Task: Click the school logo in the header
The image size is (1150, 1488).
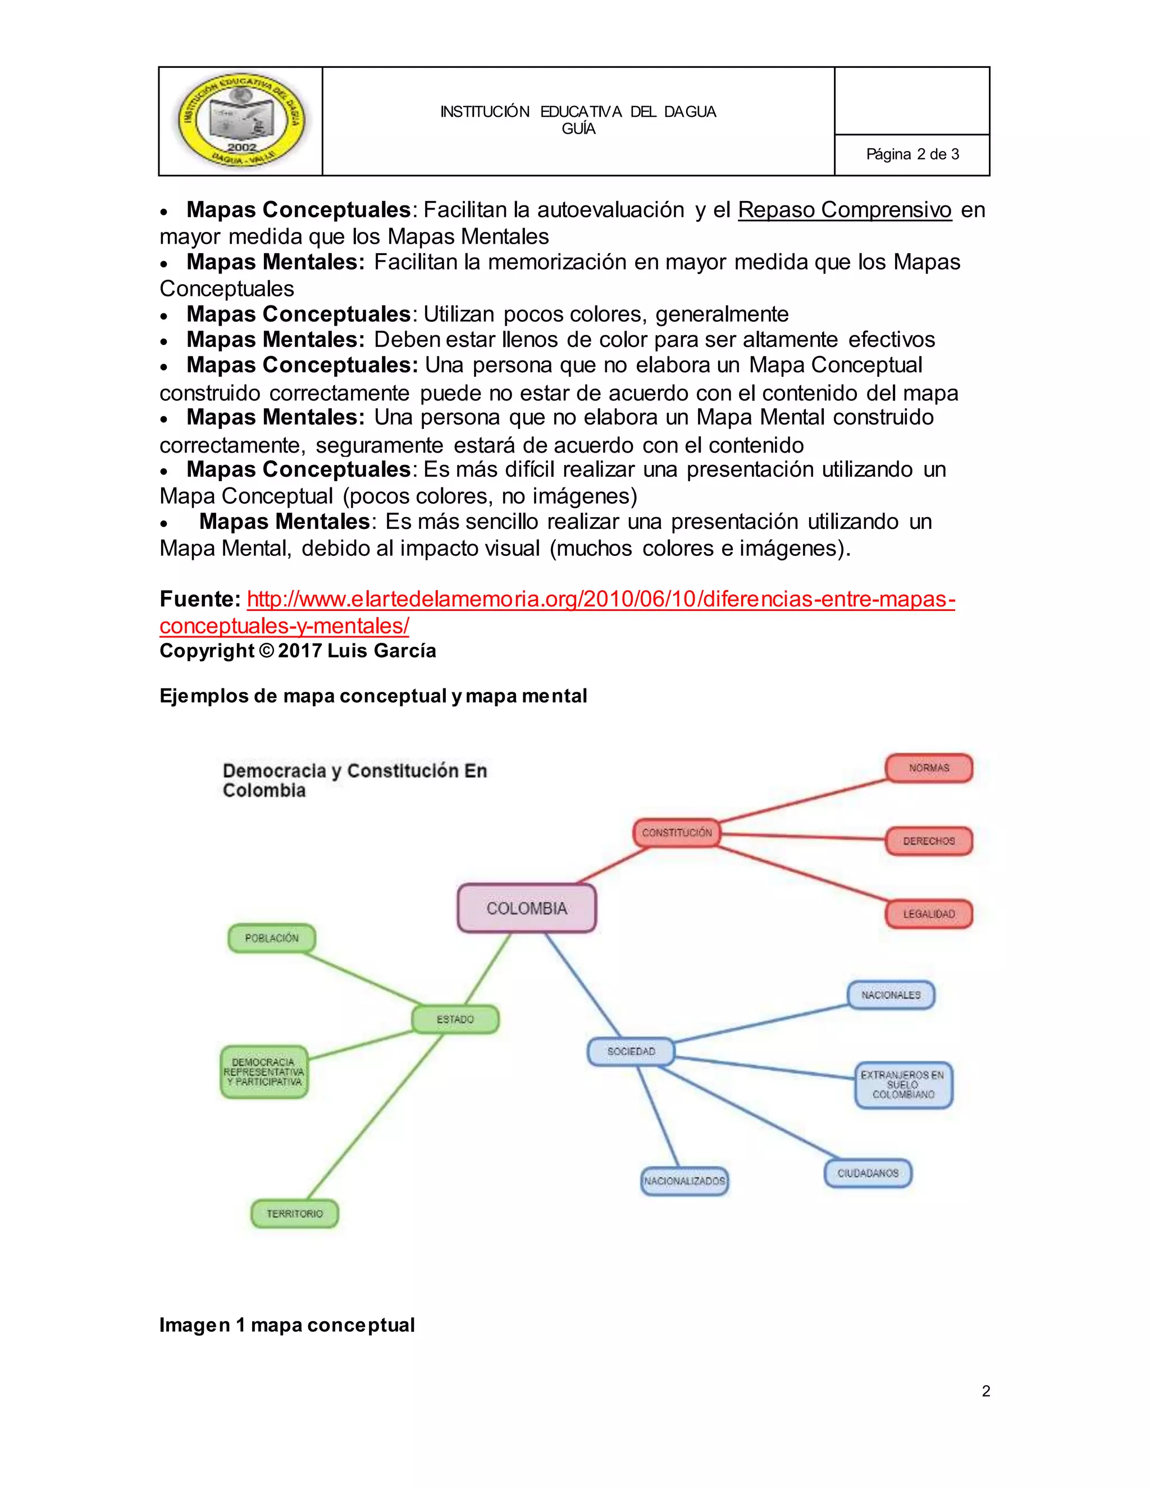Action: [241, 121]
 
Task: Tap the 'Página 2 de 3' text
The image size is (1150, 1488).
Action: [912, 154]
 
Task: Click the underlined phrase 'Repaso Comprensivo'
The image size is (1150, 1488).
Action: [844, 210]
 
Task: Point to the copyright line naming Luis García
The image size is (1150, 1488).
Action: [298, 651]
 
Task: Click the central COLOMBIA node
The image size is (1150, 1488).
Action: [527, 908]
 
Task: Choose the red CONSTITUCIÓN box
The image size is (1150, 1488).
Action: [677, 833]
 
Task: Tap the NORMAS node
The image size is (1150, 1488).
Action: [929, 768]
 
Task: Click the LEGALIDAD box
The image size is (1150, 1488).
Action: [929, 914]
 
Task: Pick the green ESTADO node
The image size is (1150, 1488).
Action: [455, 1019]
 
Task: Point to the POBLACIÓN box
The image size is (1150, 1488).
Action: [272, 938]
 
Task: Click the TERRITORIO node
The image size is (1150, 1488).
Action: [294, 1213]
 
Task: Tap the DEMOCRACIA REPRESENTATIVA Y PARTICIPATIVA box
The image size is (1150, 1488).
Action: [264, 1072]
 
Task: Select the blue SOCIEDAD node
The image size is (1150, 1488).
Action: [631, 1051]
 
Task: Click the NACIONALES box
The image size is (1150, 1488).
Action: [891, 996]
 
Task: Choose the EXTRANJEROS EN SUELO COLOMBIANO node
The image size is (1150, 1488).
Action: [903, 1085]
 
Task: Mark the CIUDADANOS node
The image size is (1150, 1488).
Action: [867, 1173]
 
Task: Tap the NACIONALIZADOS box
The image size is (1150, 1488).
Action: [684, 1181]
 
